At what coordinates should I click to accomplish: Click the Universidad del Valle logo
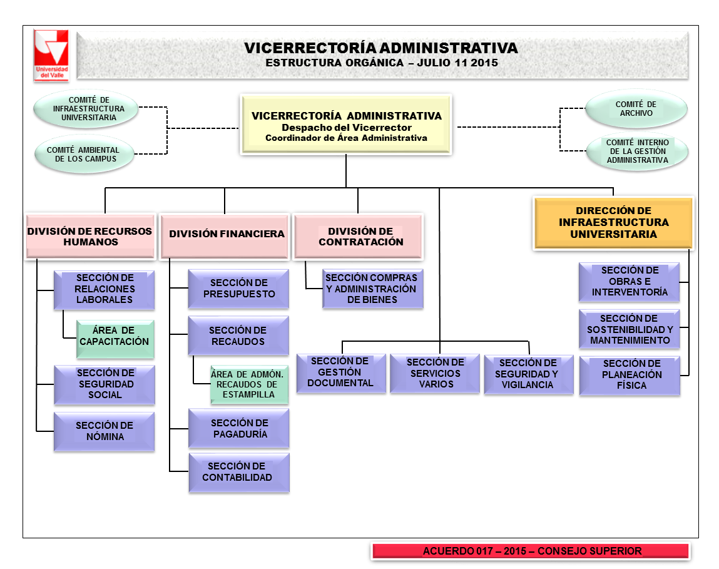click(x=52, y=54)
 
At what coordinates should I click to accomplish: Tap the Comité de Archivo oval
click(x=636, y=109)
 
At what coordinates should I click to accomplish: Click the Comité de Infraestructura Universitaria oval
click(x=86, y=108)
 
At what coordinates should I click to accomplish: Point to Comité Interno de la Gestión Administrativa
click(x=637, y=151)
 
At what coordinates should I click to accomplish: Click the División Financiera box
click(x=226, y=235)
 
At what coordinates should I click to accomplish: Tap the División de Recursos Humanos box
click(x=89, y=236)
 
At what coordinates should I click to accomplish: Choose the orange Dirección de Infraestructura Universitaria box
click(x=613, y=223)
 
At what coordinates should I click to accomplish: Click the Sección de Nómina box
click(x=105, y=431)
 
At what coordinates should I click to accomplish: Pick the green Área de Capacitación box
click(x=115, y=337)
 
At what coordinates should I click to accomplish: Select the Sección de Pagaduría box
click(x=239, y=429)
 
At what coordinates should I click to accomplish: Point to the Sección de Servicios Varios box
click(x=436, y=373)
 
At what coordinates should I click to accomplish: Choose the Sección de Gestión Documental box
click(x=340, y=372)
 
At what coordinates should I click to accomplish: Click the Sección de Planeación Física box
click(x=630, y=374)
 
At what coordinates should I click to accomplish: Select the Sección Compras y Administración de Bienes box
click(x=372, y=289)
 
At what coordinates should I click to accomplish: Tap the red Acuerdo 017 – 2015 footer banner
click(x=531, y=551)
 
